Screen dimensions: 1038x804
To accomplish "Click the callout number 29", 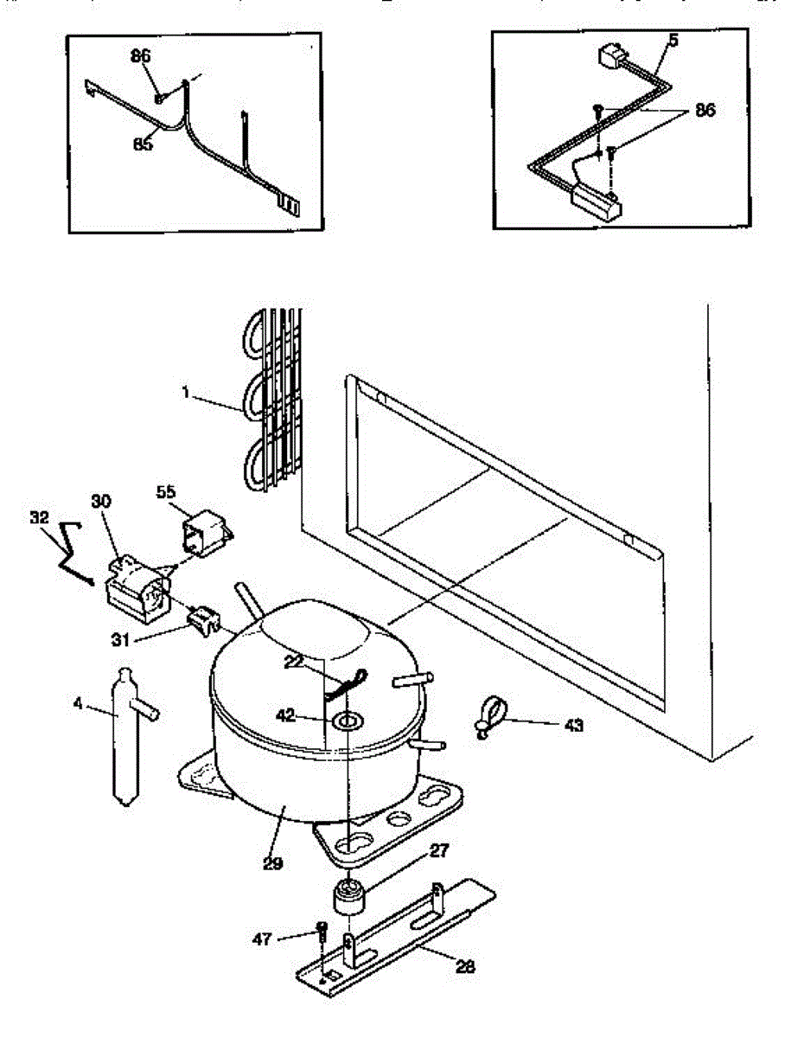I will click(x=273, y=862).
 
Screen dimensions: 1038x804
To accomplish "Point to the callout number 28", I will click(x=465, y=966).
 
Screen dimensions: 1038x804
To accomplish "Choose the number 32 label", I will click(x=38, y=518).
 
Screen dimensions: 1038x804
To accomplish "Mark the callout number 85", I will click(x=143, y=144).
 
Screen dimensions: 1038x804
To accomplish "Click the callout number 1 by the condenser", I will click(x=185, y=392).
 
